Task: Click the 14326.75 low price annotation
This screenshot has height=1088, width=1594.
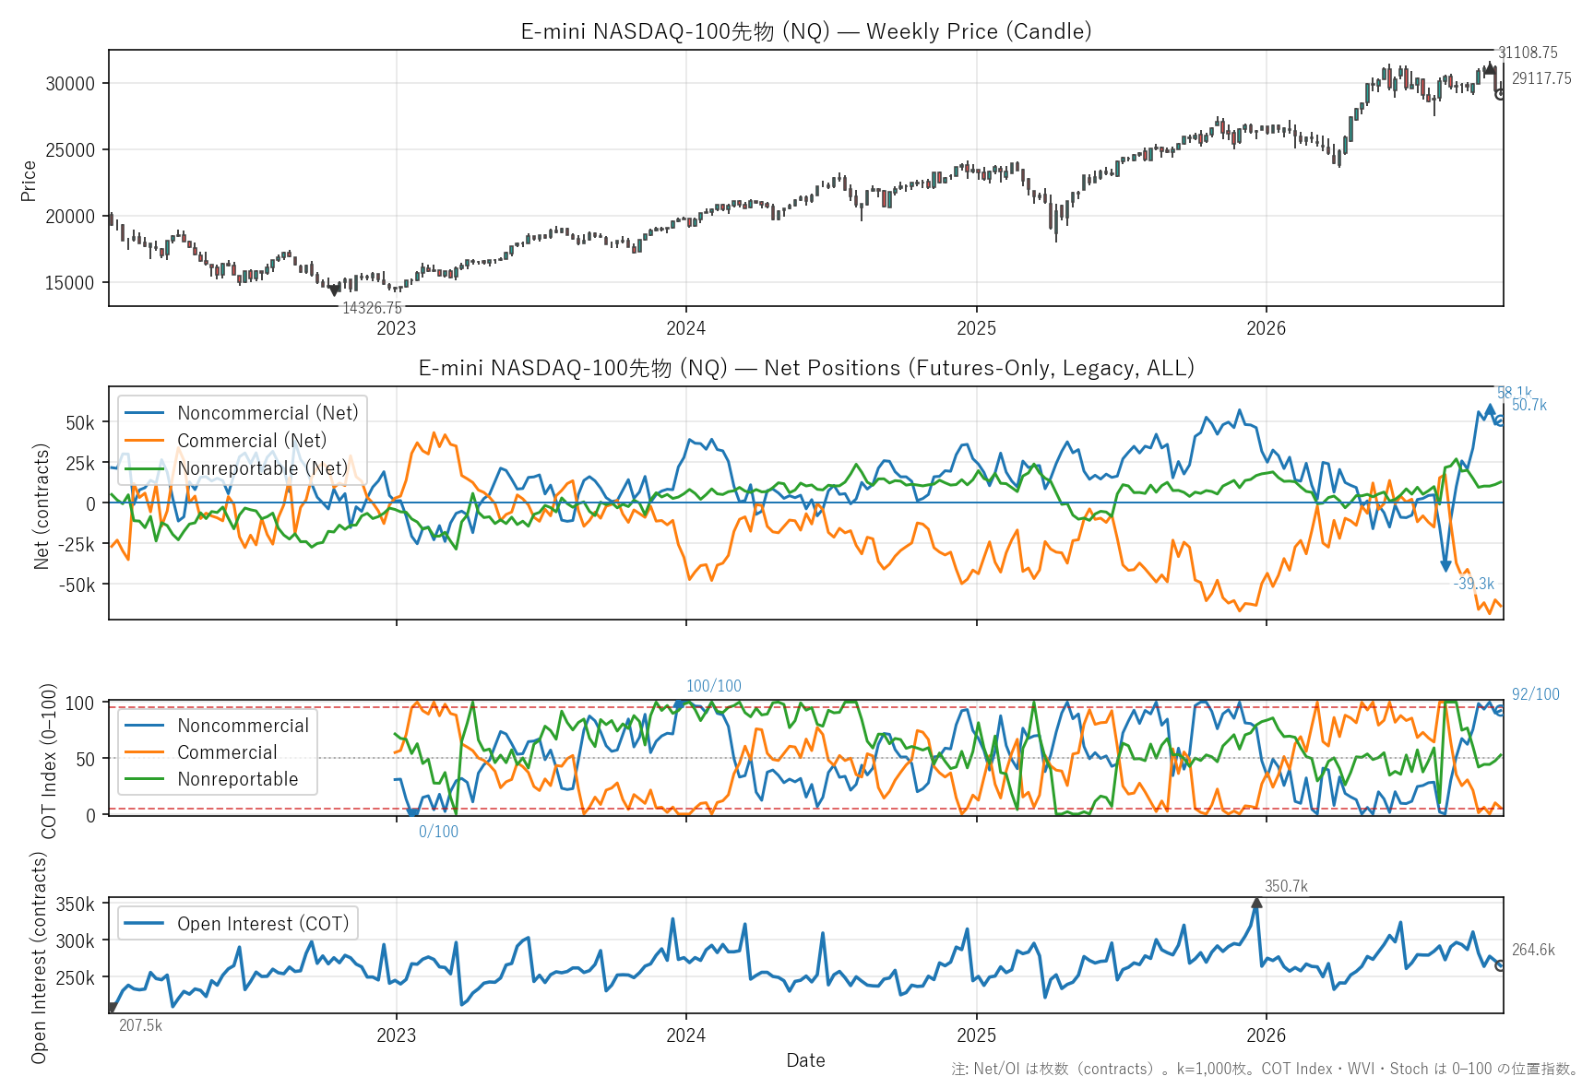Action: click(x=373, y=308)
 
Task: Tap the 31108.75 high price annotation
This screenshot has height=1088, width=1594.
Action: click(x=1528, y=53)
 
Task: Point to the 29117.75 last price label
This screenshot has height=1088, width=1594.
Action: click(x=1541, y=78)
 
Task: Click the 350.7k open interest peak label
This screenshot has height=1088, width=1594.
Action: click(x=1286, y=886)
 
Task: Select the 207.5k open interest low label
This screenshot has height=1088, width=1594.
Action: click(x=140, y=1025)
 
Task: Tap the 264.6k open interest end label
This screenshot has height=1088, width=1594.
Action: click(x=1533, y=950)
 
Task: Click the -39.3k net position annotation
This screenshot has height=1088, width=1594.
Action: click(x=1474, y=584)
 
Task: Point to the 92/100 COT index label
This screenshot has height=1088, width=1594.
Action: click(x=1535, y=694)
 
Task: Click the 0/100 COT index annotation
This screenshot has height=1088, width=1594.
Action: click(x=438, y=832)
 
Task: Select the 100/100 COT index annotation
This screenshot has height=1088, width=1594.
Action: click(x=714, y=686)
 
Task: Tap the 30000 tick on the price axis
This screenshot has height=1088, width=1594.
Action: click(x=70, y=84)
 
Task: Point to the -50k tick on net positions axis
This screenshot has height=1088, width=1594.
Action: click(x=77, y=585)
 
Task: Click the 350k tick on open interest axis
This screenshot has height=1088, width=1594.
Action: click(x=75, y=905)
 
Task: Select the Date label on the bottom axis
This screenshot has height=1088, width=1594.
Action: click(x=805, y=1060)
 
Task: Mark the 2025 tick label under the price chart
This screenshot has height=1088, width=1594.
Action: click(x=976, y=328)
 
